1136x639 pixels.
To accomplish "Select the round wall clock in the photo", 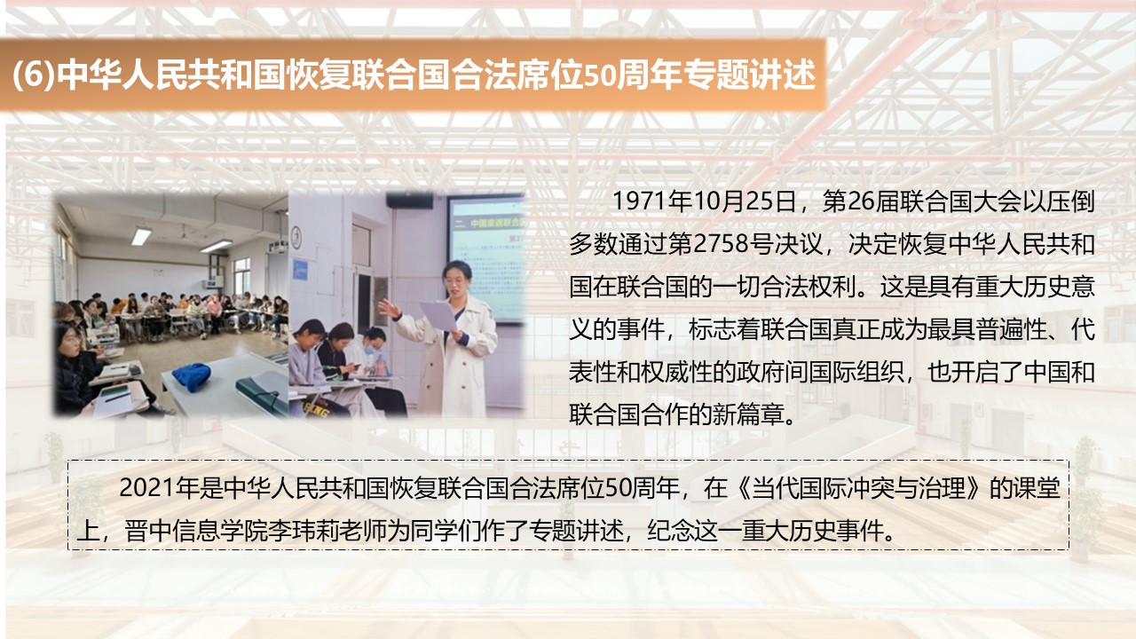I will pyautogui.click(x=296, y=236).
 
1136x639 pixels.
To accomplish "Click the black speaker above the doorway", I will pyautogui.click(x=409, y=201).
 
